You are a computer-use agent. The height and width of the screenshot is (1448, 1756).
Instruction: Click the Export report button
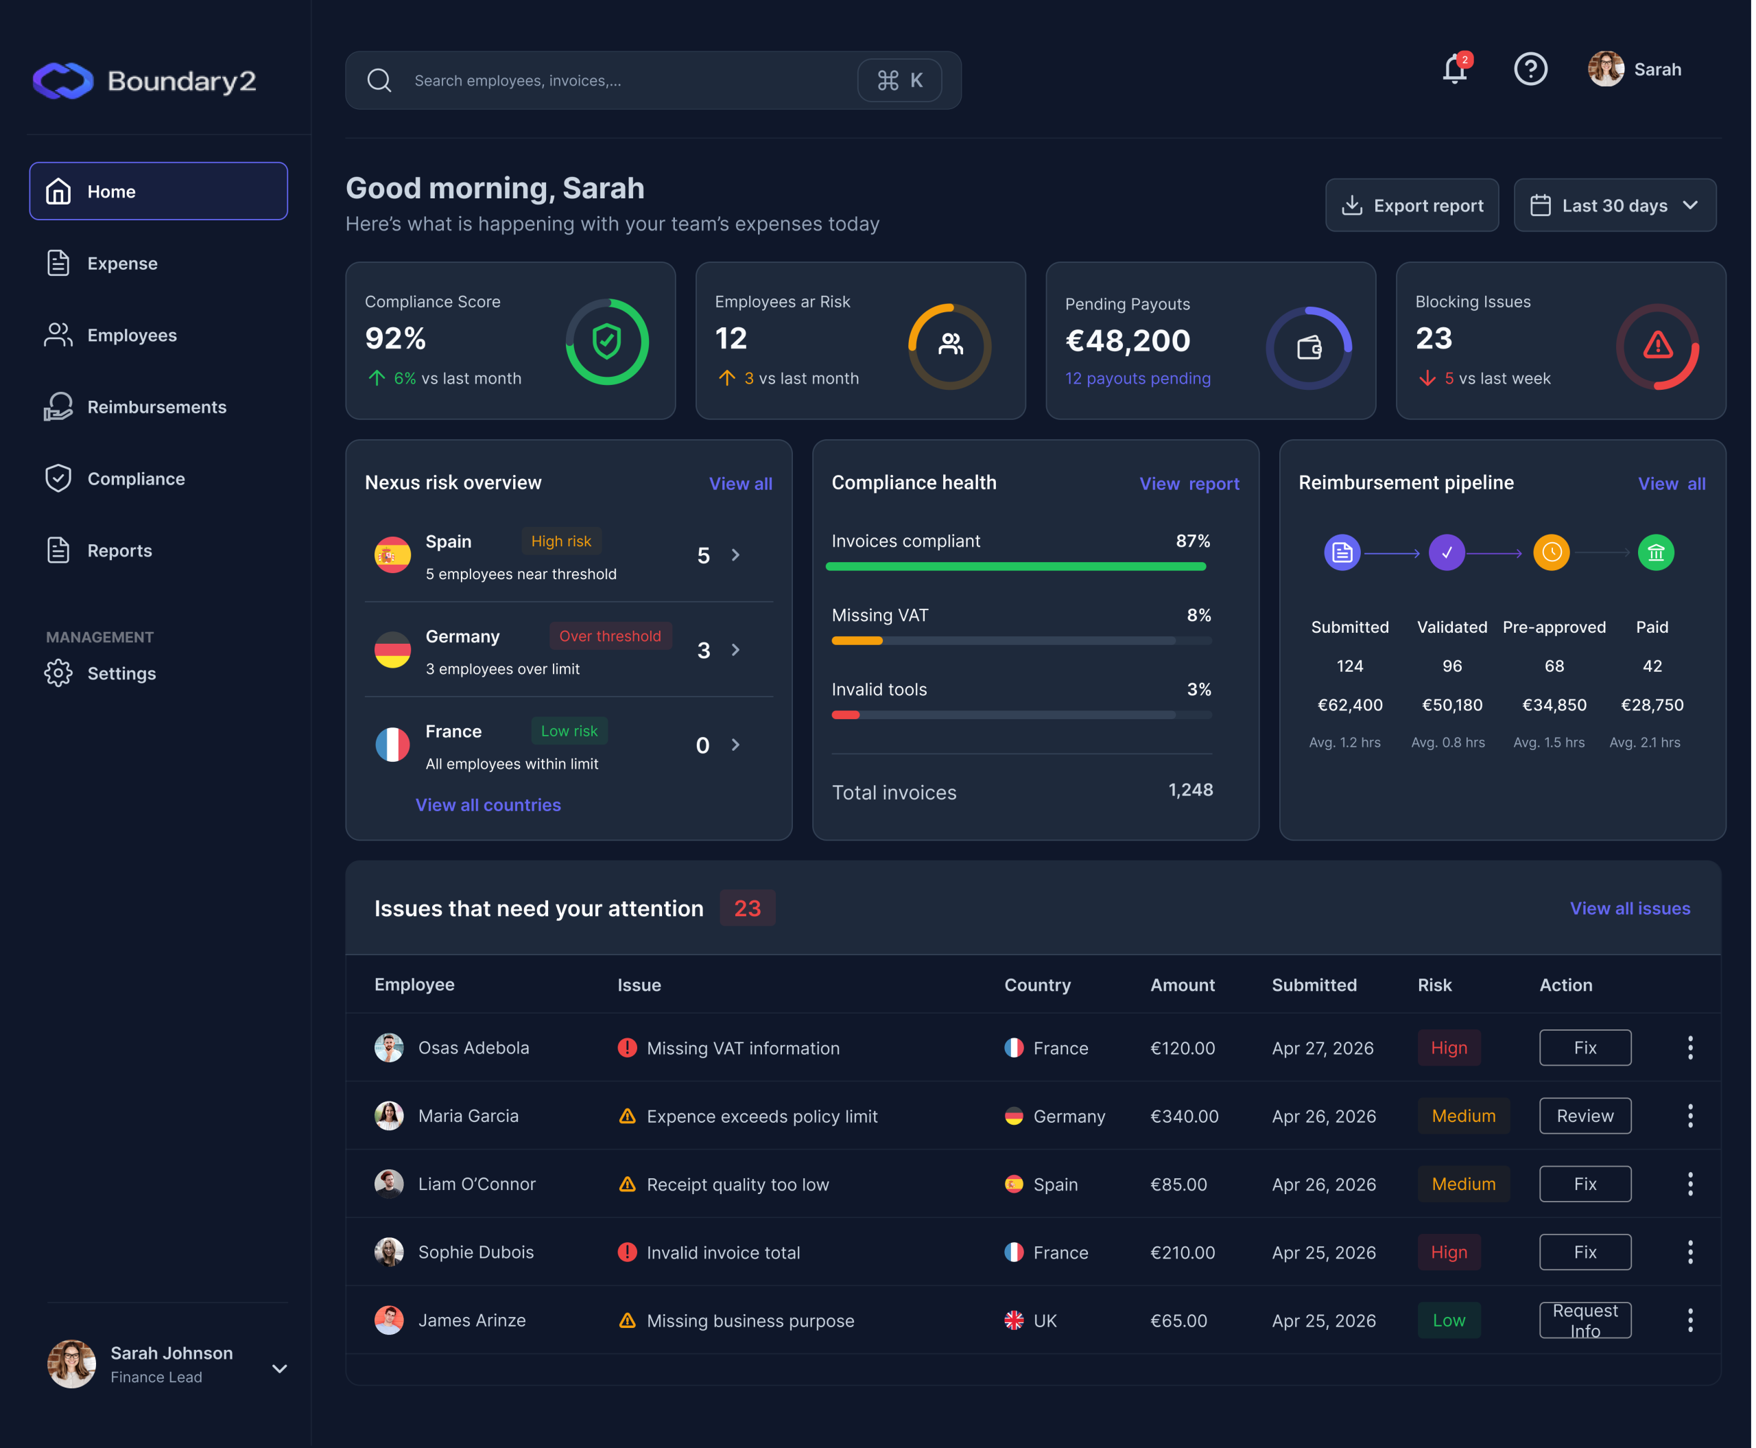pos(1412,205)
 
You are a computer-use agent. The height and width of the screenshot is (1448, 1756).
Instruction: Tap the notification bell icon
pos(1455,69)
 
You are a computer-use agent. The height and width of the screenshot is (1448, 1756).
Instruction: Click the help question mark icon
pos(1530,69)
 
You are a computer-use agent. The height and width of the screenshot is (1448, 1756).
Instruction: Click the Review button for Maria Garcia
pos(1585,1116)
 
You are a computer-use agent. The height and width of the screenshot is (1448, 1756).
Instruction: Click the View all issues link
pos(1629,909)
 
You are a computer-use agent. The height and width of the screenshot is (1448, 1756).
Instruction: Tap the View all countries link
pos(488,805)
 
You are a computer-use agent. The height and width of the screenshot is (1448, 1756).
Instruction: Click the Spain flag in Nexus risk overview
pos(392,554)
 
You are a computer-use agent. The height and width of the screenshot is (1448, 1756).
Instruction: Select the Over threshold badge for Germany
pos(610,635)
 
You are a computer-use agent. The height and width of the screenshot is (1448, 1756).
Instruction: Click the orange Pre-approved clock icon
pos(1551,552)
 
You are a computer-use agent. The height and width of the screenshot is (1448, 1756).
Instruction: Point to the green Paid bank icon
pos(1655,552)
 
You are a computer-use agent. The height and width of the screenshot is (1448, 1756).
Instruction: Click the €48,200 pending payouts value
pos(1127,340)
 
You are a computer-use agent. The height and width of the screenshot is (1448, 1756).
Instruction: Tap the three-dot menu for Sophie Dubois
pos(1690,1252)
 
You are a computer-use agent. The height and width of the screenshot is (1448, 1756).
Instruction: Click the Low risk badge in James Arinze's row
pos(1448,1320)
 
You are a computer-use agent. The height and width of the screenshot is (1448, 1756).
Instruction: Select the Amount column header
pos(1183,985)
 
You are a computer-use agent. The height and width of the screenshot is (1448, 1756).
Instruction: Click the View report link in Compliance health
pos(1189,484)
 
